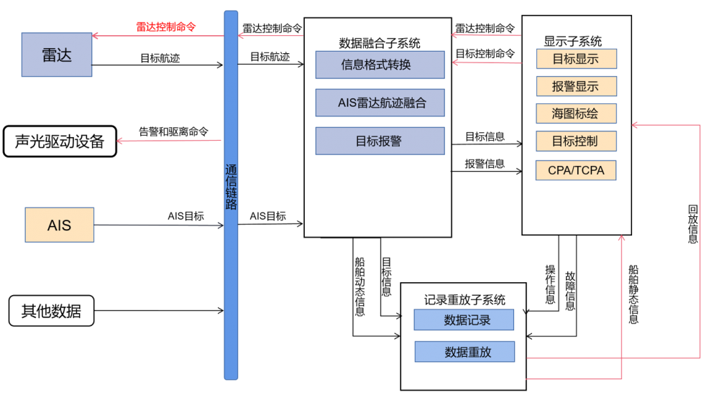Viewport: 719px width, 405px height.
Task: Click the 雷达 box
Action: point(57,55)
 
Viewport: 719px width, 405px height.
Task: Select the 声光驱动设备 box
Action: point(60,141)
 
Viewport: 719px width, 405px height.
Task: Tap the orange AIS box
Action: point(60,225)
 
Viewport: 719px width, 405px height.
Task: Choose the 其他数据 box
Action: point(51,311)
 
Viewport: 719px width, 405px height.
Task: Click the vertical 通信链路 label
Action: point(231,187)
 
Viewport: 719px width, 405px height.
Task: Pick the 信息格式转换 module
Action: point(380,65)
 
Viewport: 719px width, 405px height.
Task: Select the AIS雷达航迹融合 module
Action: point(380,103)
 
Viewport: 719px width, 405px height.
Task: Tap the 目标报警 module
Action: point(380,141)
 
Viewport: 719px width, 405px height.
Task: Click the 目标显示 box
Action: point(577,59)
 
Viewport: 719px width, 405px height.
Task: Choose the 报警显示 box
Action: point(577,86)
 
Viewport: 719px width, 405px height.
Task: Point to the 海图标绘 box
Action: point(577,113)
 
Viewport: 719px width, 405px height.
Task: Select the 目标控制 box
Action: point(577,141)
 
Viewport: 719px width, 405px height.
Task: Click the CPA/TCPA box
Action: point(576,170)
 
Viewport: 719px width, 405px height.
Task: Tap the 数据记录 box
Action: point(464,320)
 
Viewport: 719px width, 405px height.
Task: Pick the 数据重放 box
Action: point(465,351)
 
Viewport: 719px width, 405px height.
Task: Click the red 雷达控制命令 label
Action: point(166,27)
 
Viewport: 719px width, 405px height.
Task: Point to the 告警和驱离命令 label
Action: point(173,132)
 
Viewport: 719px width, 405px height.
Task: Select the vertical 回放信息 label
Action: point(693,224)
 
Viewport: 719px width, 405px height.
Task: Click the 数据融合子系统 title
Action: point(380,43)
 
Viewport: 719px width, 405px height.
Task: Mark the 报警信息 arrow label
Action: point(485,164)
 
